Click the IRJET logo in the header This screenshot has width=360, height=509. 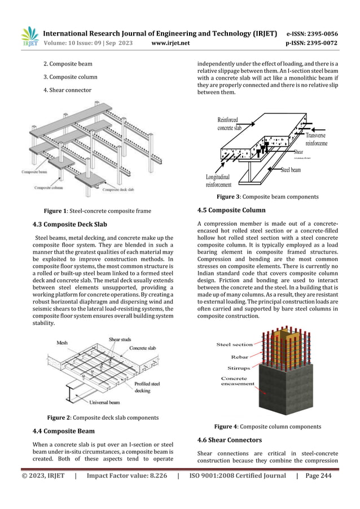[x=29, y=36]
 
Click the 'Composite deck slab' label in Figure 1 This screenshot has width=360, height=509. [x=122, y=190]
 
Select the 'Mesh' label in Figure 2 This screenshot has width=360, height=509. [x=63, y=343]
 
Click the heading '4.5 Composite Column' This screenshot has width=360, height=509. [x=231, y=210]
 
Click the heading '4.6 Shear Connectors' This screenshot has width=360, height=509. [x=229, y=440]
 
